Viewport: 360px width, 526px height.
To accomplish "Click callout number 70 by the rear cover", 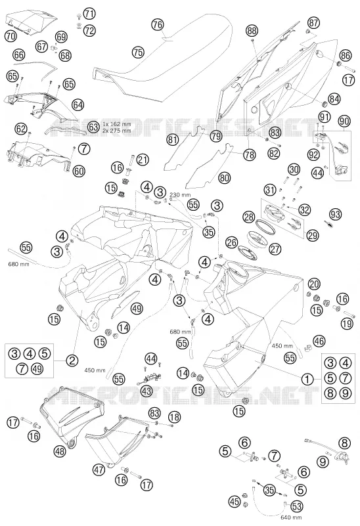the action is tap(11, 35).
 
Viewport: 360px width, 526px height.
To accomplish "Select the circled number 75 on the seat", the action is tap(137, 53).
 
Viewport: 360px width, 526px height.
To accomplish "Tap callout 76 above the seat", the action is tap(158, 24).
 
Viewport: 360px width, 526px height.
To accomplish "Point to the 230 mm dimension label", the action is tap(180, 194).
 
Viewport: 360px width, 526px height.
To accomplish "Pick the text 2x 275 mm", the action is tap(117, 131).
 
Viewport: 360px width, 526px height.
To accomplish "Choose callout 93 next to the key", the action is tap(335, 214).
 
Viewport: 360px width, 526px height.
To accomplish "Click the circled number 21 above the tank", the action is tap(143, 160).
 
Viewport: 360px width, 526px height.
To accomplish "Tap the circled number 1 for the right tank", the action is tap(307, 380).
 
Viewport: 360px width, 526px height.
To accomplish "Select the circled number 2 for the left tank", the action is tap(72, 361).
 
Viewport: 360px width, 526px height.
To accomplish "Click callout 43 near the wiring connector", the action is tap(146, 391).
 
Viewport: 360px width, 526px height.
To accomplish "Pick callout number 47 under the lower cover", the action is tap(99, 470).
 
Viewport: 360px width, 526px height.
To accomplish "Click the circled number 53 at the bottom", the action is tap(296, 506).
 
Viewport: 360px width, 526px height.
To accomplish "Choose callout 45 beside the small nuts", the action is tap(235, 502).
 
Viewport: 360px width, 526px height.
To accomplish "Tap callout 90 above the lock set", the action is tap(344, 121).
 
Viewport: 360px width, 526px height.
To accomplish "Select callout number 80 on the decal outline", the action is tap(225, 177).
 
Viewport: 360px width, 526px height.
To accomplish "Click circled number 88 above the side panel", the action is tap(252, 31).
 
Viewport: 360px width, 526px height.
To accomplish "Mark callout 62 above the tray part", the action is tap(21, 129).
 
